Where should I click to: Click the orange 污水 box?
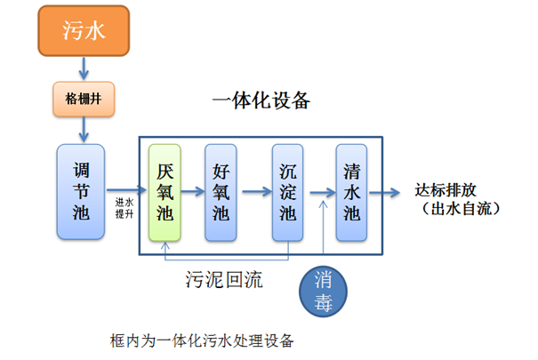pyautogui.click(x=84, y=32)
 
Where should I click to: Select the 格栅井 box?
pyautogui.click(x=84, y=97)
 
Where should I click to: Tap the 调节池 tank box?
pyautogui.click(x=80, y=191)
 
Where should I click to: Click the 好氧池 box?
pyautogui.click(x=222, y=191)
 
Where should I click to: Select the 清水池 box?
pyautogui.click(x=351, y=191)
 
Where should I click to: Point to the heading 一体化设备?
pyautogui.click(x=261, y=100)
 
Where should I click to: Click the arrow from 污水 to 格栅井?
pyautogui.click(x=84, y=67)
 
